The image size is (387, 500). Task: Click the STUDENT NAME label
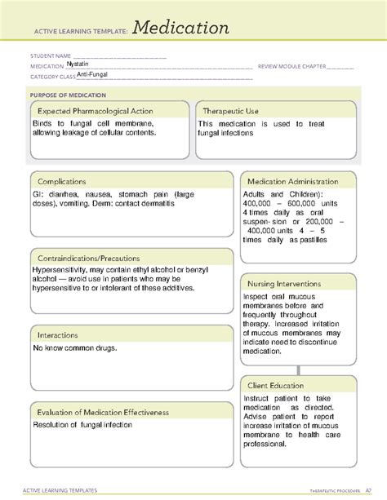[x=46, y=56]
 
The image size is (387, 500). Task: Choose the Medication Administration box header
[x=297, y=180]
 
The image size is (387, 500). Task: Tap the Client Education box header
[x=276, y=385]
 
